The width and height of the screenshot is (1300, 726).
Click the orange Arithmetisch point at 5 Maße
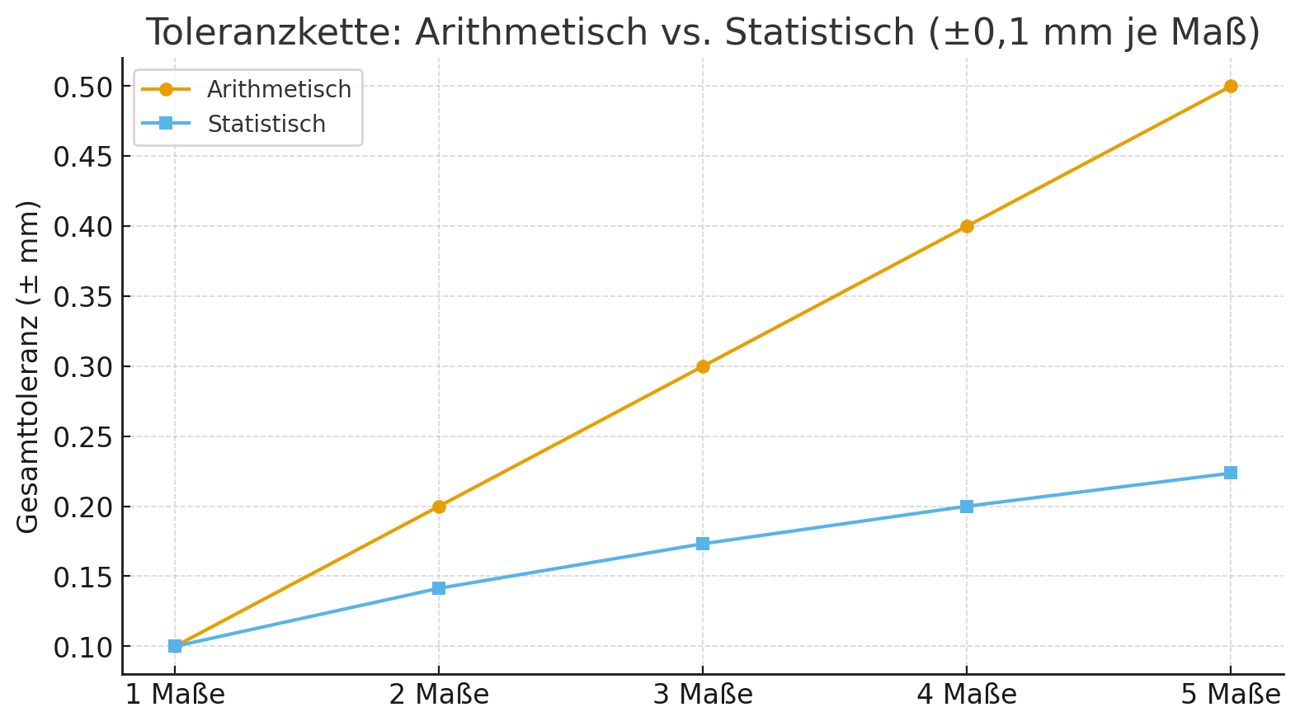click(1230, 86)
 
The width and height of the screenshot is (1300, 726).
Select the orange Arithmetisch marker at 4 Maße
click(966, 226)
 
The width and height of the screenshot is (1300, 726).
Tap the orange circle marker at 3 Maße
click(702, 366)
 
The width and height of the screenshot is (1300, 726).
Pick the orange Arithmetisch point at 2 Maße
click(438, 507)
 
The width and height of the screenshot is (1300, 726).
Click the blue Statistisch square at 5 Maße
click(1230, 473)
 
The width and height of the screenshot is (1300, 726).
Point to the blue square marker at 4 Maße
click(966, 507)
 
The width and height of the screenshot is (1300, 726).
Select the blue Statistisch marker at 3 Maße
click(702, 544)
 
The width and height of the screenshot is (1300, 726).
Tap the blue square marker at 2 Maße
click(438, 588)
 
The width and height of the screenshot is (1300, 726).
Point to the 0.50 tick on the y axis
click(82, 87)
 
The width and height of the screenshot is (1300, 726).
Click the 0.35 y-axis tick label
click(82, 297)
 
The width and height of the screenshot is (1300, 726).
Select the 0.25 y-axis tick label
click(82, 437)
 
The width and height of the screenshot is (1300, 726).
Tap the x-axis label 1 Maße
click(175, 695)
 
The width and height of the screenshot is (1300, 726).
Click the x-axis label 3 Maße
click(703, 695)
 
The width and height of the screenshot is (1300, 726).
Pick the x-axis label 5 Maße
click(1230, 695)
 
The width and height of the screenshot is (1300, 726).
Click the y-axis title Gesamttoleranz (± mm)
click(28, 366)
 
